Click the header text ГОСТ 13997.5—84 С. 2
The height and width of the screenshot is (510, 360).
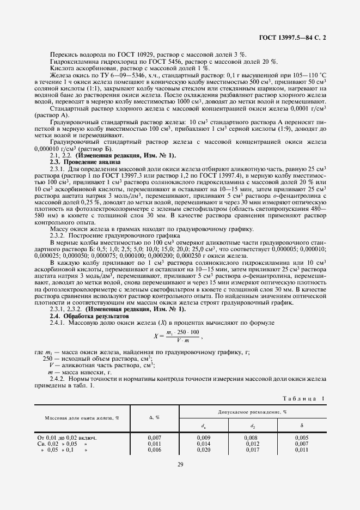(293, 38)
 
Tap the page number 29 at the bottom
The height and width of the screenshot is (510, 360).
(180, 464)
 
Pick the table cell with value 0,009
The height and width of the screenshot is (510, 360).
(203, 438)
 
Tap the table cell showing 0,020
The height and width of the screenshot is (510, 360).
(203, 450)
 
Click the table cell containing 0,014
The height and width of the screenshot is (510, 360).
(203, 444)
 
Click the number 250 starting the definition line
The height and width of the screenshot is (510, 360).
(48, 360)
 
